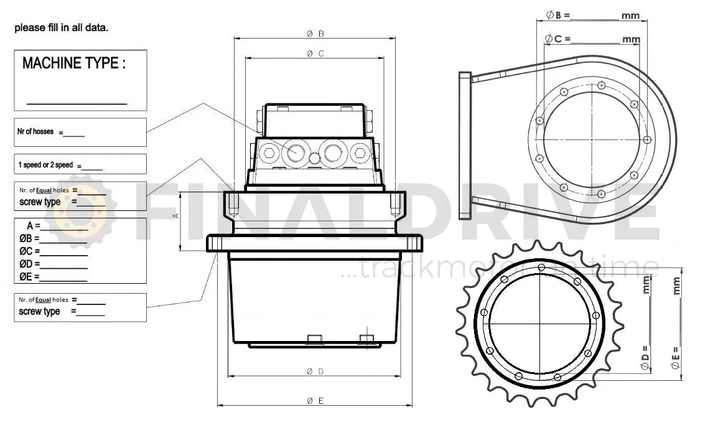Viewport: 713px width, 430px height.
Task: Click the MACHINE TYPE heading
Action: click(x=73, y=63)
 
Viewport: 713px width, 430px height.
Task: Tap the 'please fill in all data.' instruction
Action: click(x=62, y=27)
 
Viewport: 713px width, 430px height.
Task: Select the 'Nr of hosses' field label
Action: click(x=36, y=132)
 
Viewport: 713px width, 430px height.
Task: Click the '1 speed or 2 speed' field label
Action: click(x=45, y=165)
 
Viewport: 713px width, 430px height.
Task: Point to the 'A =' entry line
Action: click(x=56, y=227)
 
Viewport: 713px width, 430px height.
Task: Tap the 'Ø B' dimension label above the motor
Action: click(x=315, y=34)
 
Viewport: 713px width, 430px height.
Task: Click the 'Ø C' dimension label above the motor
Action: click(x=315, y=54)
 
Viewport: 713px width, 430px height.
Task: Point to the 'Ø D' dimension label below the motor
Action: click(x=315, y=372)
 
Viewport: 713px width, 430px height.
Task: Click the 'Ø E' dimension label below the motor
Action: click(x=315, y=401)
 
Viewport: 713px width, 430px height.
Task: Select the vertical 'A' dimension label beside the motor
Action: click(x=175, y=215)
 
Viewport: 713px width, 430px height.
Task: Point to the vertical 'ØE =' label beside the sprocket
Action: click(x=675, y=358)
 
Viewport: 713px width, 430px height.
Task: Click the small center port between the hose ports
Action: click(x=315, y=159)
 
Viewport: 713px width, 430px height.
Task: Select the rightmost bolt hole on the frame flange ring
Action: click(x=647, y=139)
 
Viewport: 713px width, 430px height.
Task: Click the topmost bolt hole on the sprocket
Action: click(x=541, y=268)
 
